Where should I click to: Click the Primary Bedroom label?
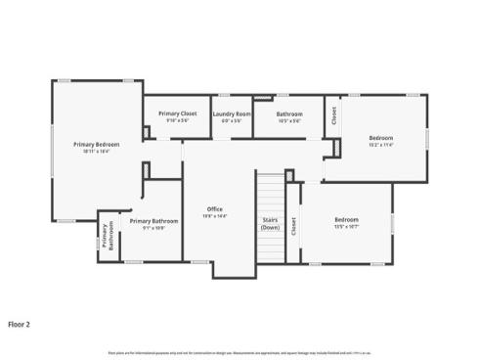pos(97,145)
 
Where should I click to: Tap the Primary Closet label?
pos(177,113)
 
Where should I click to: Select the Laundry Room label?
pos(231,113)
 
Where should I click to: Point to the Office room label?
pos(215,209)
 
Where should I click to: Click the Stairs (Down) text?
pos(271,223)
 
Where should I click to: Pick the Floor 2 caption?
pos(20,323)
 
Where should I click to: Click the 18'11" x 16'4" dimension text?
pos(97,152)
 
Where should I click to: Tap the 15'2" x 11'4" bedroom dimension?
pos(380,145)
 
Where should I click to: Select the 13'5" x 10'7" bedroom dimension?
pos(347,226)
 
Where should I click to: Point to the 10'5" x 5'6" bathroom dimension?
pos(289,120)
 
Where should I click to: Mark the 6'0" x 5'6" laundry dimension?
pos(231,120)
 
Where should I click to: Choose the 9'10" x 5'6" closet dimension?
pos(177,120)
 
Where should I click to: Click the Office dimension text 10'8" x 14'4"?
pos(215,216)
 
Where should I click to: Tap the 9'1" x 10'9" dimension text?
pos(153,228)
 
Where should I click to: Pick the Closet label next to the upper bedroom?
pos(333,116)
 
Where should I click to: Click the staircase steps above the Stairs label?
pos(270,191)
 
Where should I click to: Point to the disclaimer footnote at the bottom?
pos(239,351)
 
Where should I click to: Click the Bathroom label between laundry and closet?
pos(289,113)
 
